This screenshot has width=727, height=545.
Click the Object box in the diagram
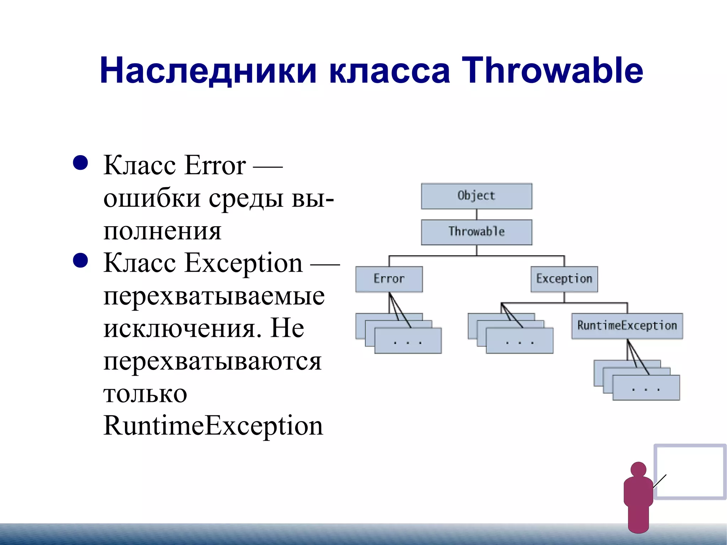click(x=476, y=196)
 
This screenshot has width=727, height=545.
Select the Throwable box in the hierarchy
click(x=476, y=232)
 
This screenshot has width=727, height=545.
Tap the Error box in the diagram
click(x=389, y=279)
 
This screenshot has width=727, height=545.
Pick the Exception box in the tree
click(x=564, y=279)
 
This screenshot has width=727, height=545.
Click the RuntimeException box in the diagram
click(x=627, y=326)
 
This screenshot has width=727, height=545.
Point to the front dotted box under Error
click(x=408, y=342)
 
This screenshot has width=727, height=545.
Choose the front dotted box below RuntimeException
click(x=646, y=388)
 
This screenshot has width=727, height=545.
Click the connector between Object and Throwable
click(x=476, y=214)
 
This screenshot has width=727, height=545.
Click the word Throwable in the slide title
click(x=552, y=71)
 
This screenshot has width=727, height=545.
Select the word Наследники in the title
click(x=208, y=71)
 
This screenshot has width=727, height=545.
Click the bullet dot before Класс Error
click(x=80, y=163)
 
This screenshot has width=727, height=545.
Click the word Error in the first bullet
click(x=215, y=165)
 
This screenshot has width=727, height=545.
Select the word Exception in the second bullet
click(x=244, y=263)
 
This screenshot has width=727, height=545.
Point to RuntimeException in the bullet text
click(x=213, y=426)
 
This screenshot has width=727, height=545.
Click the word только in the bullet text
click(x=145, y=394)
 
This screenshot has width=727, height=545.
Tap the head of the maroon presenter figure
click(x=638, y=469)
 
